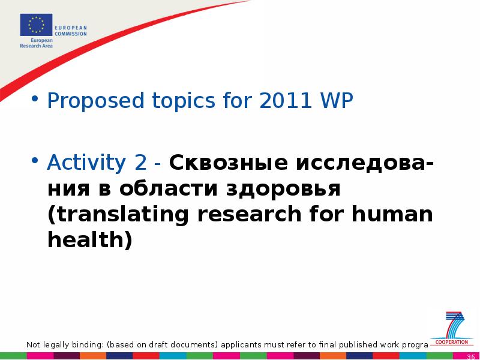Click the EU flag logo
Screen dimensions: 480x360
click(36, 25)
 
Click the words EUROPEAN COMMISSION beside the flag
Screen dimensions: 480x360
click(71, 31)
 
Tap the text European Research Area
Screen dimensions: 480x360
click(37, 43)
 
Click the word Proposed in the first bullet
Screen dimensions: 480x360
click(95, 101)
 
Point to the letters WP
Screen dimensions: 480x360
click(336, 100)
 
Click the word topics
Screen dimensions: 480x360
click(184, 101)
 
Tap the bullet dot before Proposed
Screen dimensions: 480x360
click(35, 98)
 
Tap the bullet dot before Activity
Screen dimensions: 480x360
click(35, 160)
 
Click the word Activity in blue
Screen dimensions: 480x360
click(86, 163)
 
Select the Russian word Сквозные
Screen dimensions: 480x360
click(229, 162)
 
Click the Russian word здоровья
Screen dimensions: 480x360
click(283, 189)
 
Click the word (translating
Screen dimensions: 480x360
click(118, 214)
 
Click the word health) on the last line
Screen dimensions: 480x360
click(90, 239)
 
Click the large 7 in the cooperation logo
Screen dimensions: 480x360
click(455, 325)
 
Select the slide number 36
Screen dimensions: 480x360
click(471, 356)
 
